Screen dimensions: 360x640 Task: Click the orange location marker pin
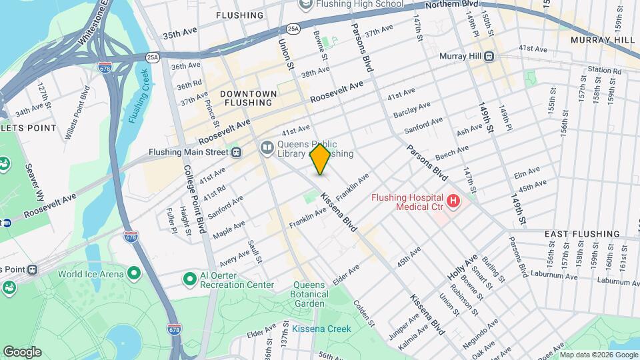pyautogui.click(x=320, y=159)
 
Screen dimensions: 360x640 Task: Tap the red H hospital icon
pyautogui.click(x=453, y=201)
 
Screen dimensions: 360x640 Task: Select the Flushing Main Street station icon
pyautogui.click(x=236, y=152)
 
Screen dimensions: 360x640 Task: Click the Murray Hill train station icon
pyautogui.click(x=489, y=57)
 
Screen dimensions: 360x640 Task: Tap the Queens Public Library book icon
pyautogui.click(x=267, y=146)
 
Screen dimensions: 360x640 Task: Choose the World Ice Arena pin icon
pyautogui.click(x=134, y=273)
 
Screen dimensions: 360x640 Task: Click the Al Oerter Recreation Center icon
pyautogui.click(x=190, y=278)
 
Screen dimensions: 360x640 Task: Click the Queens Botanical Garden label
pyautogui.click(x=311, y=290)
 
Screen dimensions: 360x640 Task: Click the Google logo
pyautogui.click(x=22, y=351)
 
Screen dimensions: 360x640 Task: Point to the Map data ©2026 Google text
pyautogui.click(x=598, y=355)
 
